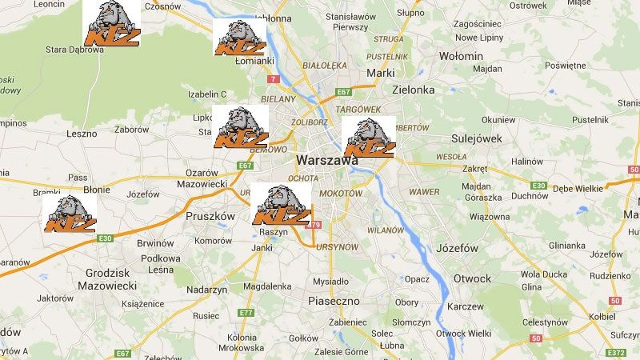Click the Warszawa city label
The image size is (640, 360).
pos(326,160)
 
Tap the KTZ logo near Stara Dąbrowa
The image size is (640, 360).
pos(113,24)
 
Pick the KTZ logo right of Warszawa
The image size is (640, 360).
pos(369,137)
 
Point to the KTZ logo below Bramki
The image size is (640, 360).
pos(70,214)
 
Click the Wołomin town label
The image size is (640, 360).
pos(461,57)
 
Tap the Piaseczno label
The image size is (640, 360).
pos(334,301)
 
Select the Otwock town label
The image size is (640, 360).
pos(472,278)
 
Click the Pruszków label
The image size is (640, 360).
pos(210,216)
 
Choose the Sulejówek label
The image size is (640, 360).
pos(476,138)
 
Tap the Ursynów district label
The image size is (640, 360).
pos(337,247)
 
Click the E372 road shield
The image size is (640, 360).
pos(616,353)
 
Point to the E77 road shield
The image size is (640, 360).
pos(246,313)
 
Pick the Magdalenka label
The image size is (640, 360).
pos(267,286)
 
